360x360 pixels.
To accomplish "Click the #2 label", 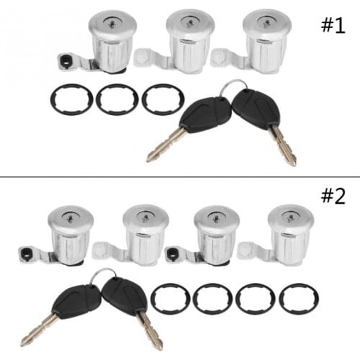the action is point(333,196).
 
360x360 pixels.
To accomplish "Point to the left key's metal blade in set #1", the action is point(165,145).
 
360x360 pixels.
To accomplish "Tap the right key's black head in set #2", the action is point(125,297).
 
